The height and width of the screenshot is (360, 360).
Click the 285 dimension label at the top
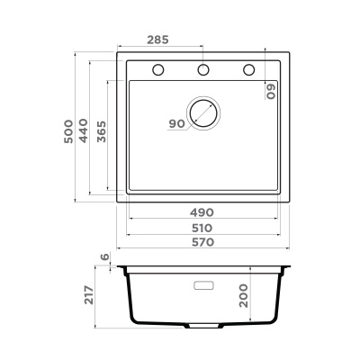point(158,40)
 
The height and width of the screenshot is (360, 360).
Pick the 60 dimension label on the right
point(270,90)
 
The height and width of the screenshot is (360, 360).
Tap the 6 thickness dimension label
point(104,257)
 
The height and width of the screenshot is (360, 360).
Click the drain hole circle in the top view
point(203,113)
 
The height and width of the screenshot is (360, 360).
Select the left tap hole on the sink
point(159,69)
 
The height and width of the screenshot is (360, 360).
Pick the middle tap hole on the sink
point(203,69)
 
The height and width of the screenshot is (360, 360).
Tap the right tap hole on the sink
point(247,69)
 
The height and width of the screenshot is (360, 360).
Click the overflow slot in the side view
point(203,285)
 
